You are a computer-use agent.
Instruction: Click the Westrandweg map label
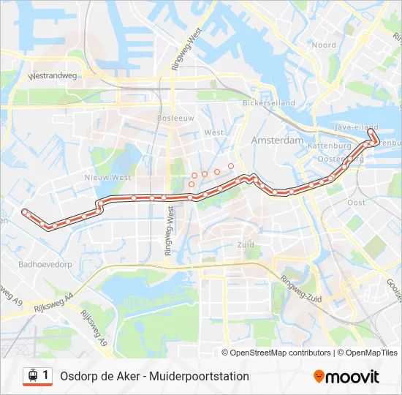coord(53,75)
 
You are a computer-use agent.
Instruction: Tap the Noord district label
coord(324,45)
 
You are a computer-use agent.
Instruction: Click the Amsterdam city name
coord(277,140)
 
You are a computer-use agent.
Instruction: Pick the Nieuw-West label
coord(107,177)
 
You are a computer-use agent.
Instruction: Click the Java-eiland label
coord(350,127)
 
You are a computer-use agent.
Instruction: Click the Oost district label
coord(356,202)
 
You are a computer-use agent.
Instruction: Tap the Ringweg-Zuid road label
coord(301,289)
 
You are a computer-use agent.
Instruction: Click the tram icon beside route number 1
coord(31,376)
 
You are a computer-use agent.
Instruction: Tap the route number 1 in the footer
coord(46,375)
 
